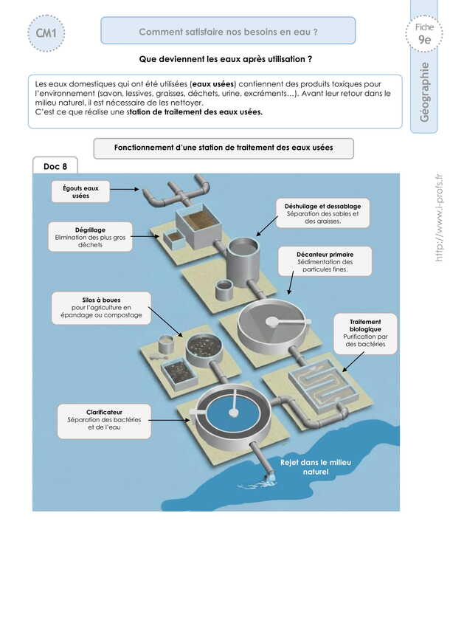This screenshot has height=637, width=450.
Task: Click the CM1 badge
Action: coord(46,32)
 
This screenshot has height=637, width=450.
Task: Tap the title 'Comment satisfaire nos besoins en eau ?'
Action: coord(228,32)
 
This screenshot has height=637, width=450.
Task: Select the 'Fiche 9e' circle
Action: coord(424,34)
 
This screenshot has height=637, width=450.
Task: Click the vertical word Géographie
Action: coord(424,92)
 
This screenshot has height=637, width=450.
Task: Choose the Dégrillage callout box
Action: coord(90,237)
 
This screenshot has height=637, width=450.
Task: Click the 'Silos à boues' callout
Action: coord(101,306)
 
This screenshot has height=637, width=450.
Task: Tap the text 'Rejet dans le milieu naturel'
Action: coord(316,466)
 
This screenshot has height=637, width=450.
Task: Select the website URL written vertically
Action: coord(438,218)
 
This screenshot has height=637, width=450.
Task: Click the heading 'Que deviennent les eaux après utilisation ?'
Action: coord(225,58)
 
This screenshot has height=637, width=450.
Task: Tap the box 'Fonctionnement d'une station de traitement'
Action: coord(224,148)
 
